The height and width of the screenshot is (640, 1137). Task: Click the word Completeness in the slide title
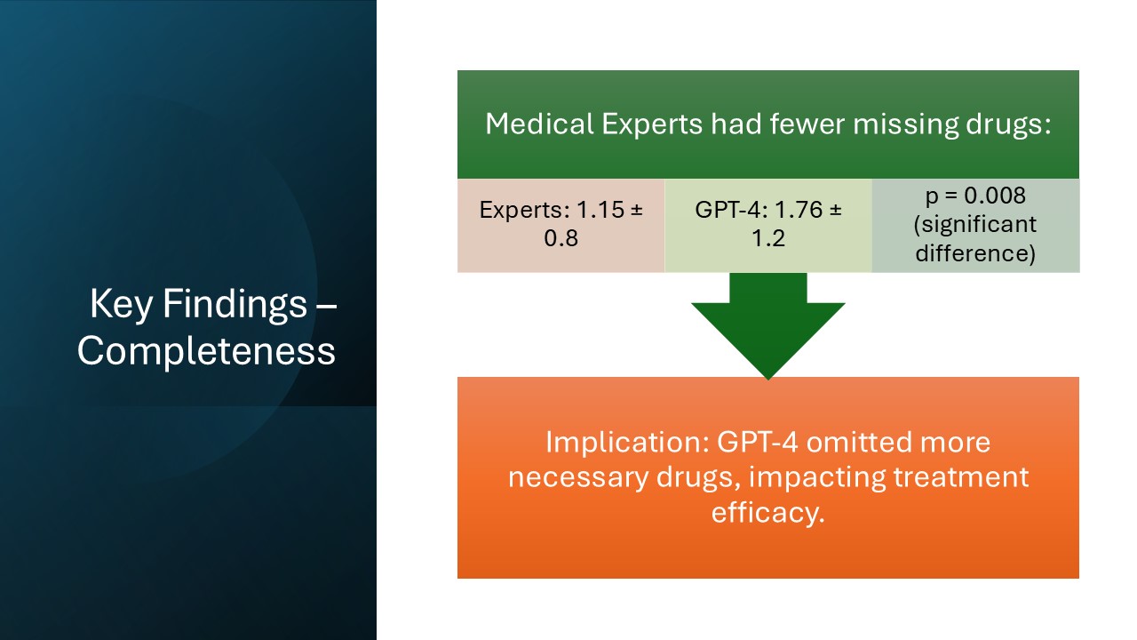206,350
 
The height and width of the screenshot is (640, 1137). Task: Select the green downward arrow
767,324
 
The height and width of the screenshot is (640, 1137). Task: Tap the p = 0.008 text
974,196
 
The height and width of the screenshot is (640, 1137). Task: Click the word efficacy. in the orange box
767,513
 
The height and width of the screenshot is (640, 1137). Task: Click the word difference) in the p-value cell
974,254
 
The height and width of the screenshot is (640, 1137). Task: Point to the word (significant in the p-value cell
974,224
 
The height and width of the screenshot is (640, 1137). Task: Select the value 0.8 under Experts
561,238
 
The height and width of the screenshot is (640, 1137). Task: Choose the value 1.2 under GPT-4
767,238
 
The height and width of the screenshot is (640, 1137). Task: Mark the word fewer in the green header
760,124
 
